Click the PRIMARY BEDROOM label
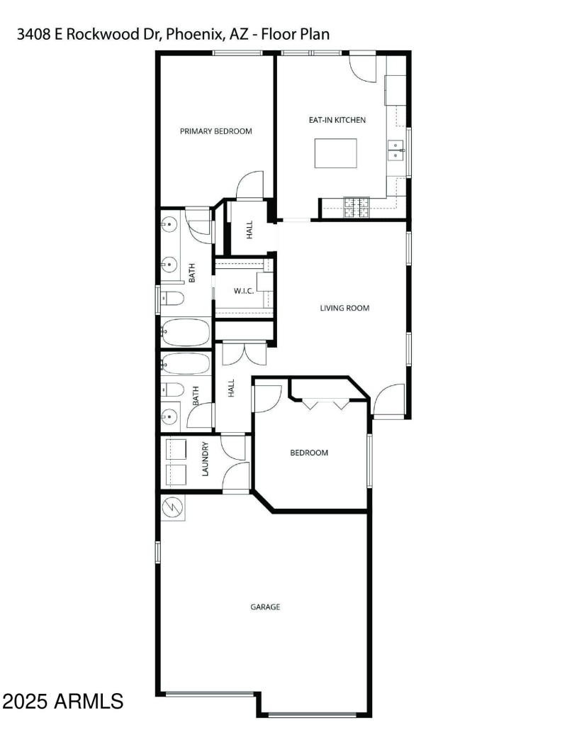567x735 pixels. pyautogui.click(x=215, y=131)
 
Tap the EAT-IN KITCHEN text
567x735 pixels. pyautogui.click(x=337, y=120)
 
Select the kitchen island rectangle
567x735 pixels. pyautogui.click(x=336, y=153)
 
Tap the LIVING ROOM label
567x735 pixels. pyautogui.click(x=344, y=308)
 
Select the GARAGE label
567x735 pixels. pyautogui.click(x=265, y=607)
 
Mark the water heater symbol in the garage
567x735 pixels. pyautogui.click(x=173, y=507)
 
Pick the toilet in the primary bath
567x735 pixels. pyautogui.click(x=172, y=299)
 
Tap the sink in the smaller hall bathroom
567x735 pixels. pyautogui.click(x=169, y=414)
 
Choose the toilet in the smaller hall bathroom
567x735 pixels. pyautogui.click(x=172, y=389)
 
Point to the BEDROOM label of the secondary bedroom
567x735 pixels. pyautogui.click(x=309, y=453)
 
